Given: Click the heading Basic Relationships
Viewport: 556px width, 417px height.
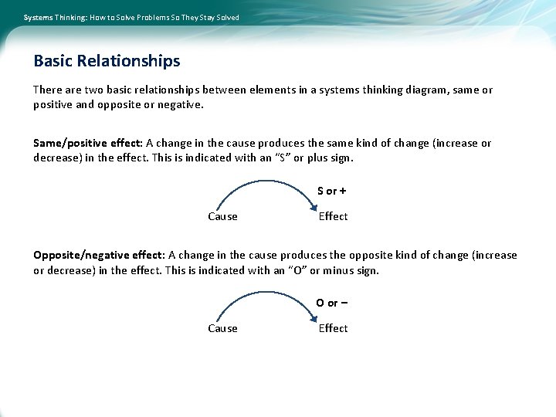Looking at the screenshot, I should coord(107,61).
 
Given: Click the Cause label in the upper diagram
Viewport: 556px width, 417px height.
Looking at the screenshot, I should coord(222,216).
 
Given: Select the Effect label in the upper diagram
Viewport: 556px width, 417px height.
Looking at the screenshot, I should coord(333,216).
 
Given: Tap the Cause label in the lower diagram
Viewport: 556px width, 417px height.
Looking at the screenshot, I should coord(222,328).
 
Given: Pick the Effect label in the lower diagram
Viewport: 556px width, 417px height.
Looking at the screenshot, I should coord(333,328).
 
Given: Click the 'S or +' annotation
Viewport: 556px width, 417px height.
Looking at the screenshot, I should coord(332,191).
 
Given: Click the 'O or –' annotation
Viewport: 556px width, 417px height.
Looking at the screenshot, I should coord(331,303).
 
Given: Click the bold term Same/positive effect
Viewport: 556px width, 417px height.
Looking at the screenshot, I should coord(87,143).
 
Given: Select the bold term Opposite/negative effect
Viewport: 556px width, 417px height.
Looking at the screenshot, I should coord(99,255).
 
